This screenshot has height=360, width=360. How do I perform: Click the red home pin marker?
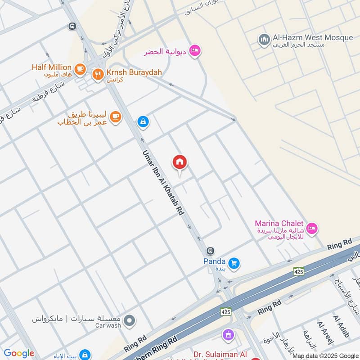180,162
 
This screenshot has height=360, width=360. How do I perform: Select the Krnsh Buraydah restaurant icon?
98,74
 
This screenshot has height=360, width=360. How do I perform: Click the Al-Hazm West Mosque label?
313,38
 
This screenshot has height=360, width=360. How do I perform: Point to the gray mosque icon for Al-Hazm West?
264,40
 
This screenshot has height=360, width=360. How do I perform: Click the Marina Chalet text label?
279,224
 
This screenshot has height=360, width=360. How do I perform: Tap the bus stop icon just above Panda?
210,251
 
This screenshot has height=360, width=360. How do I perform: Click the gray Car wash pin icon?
129,321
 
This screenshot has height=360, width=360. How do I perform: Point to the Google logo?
19,354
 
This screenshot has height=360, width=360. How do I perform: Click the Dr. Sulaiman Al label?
220,355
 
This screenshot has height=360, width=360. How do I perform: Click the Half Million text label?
52,67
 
